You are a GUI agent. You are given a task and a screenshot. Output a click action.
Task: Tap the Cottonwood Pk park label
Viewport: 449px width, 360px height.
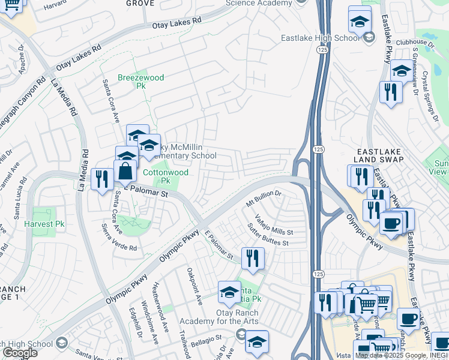pos(165,176)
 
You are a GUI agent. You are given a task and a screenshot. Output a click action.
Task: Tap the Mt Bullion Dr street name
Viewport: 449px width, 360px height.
pos(264,199)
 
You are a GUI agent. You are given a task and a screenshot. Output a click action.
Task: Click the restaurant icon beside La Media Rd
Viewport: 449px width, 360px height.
pos(101,178)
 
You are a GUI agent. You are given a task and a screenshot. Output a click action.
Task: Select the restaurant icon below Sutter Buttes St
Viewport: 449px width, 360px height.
pos(252,258)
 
